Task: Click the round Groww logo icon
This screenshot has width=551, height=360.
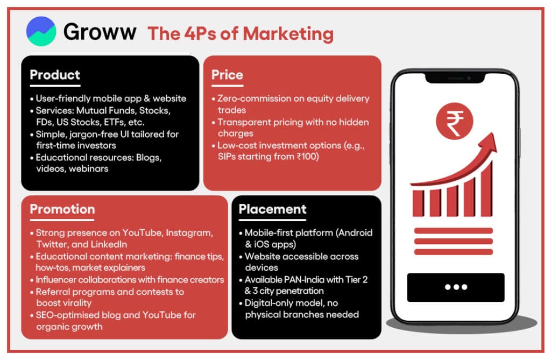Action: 41,31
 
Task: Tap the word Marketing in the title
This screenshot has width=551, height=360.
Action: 288,34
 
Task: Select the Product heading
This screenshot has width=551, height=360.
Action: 55,75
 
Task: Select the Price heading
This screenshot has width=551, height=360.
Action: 227,75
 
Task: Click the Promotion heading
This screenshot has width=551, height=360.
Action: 62,209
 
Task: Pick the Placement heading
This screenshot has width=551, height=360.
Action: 273,209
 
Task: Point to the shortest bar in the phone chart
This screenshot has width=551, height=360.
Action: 418,203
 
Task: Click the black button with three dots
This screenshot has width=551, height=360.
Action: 456,287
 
